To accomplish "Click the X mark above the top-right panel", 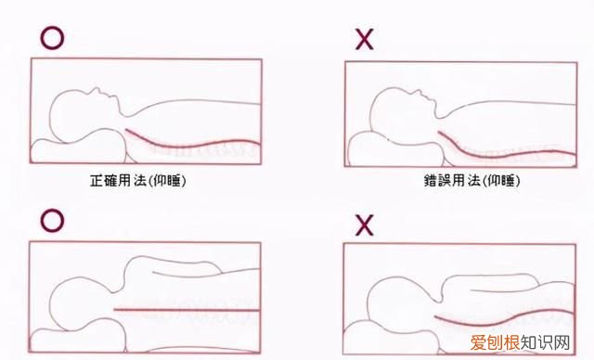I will (x=365, y=38).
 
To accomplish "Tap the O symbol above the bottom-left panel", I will (x=53, y=219).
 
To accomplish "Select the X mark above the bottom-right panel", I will (x=364, y=223).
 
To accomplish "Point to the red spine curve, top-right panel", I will (x=501, y=150).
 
